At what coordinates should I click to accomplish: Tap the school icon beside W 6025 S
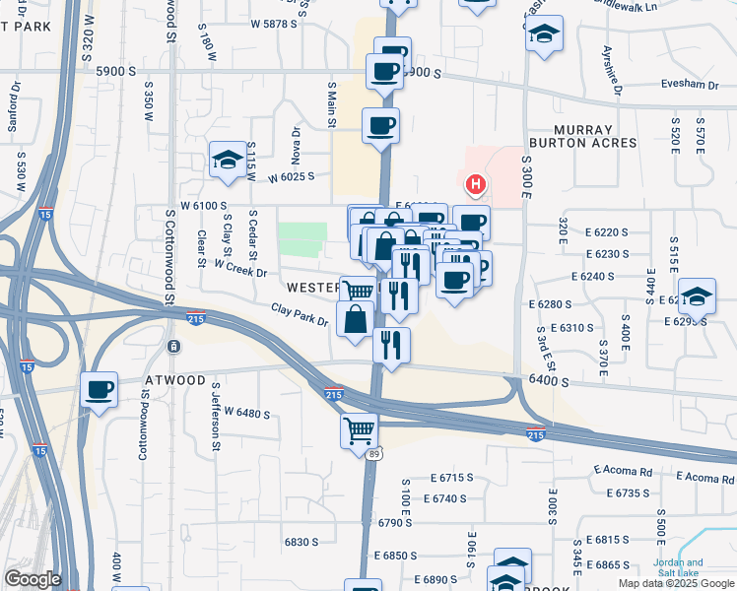(x=227, y=160)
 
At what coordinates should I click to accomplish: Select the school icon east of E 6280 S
(x=696, y=295)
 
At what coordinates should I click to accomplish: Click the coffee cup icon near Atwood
(x=100, y=390)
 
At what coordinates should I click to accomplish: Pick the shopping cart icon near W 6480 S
(x=359, y=429)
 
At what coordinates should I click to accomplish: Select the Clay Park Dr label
(x=300, y=316)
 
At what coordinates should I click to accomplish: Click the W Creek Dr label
(x=239, y=268)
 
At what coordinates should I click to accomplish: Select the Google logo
(x=33, y=579)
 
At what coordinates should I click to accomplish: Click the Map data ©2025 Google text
(x=675, y=583)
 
